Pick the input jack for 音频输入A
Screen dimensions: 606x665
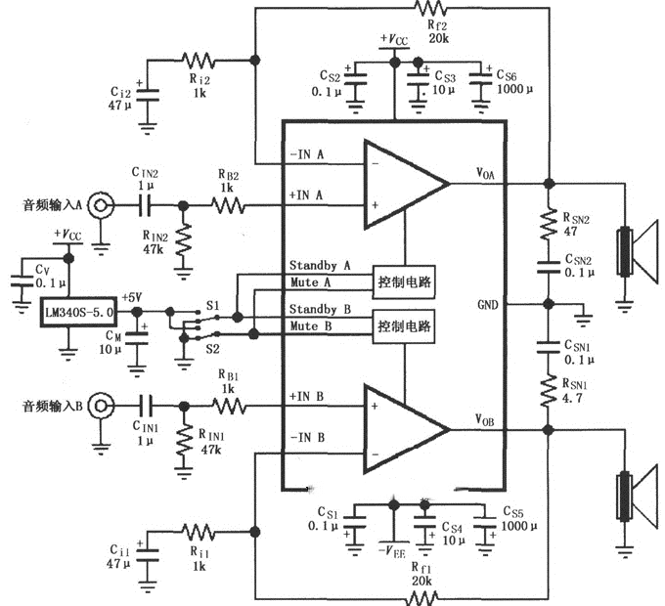pyautogui.click(x=100, y=206)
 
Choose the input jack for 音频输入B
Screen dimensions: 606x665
pyautogui.click(x=100, y=402)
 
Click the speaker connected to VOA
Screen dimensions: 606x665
pyautogui.click(x=636, y=253)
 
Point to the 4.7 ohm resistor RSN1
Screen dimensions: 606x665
pyautogui.click(x=549, y=390)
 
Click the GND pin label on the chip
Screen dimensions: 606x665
pyautogui.click(x=486, y=304)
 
